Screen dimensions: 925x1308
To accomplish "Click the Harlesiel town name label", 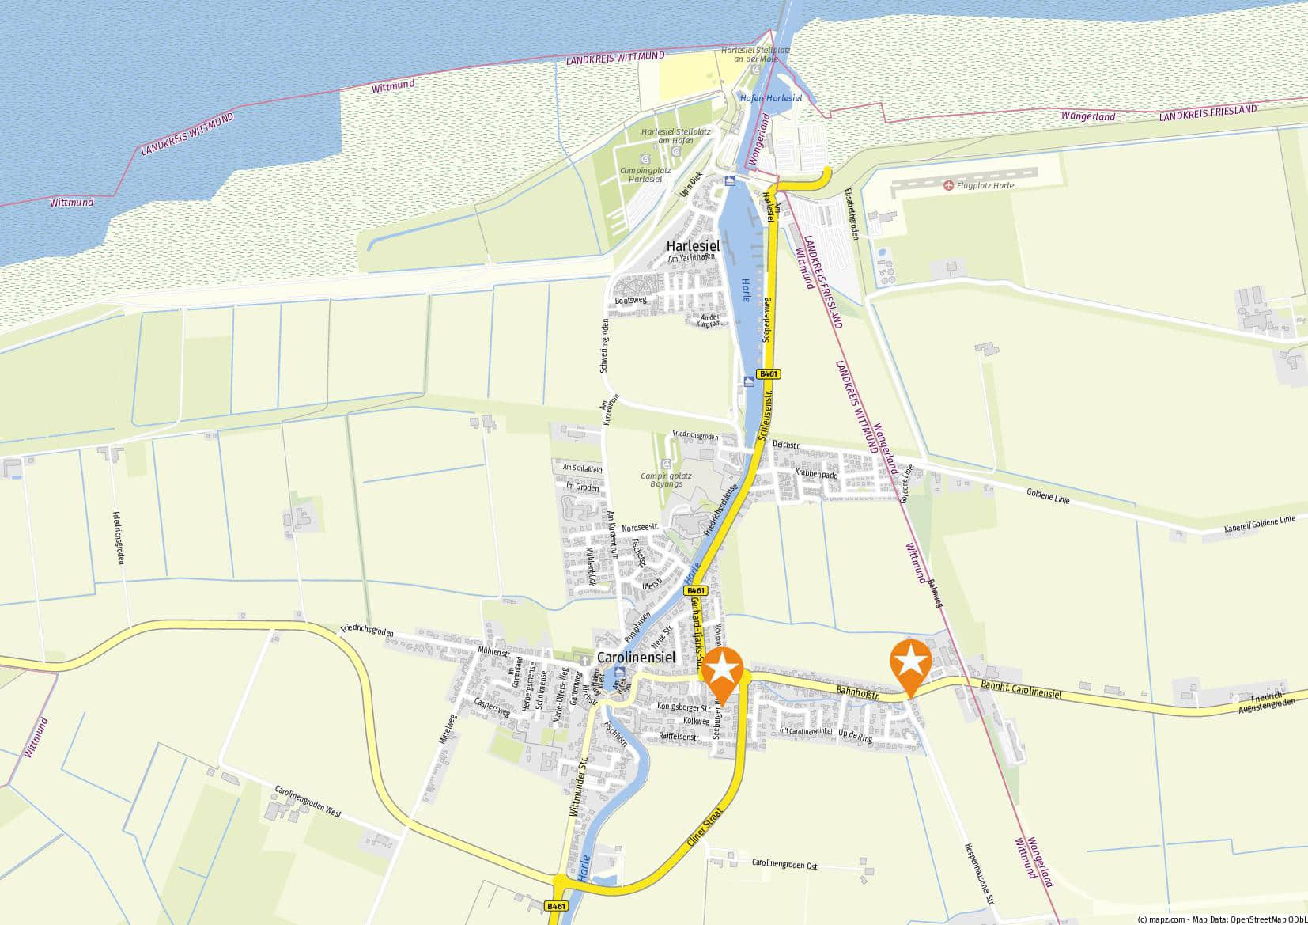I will pyautogui.click(x=693, y=245).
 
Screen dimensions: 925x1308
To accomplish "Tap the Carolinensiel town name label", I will pyautogui.click(x=636, y=658).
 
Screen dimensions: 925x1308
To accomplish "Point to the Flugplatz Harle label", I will pyautogui.click(x=985, y=185).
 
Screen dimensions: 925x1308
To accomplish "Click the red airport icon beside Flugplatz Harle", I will pyautogui.click(x=948, y=185).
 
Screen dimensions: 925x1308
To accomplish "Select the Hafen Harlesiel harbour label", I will pyautogui.click(x=771, y=98).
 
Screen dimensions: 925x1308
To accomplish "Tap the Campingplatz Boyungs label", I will pyautogui.click(x=666, y=480).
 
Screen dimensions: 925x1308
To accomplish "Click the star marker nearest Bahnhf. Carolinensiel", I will pyautogui.click(x=910, y=663).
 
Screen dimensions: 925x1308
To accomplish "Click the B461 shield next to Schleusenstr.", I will pyautogui.click(x=765, y=373).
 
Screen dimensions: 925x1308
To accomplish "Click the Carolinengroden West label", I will pyautogui.click(x=308, y=802).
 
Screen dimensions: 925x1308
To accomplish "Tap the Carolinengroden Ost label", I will pyautogui.click(x=784, y=864).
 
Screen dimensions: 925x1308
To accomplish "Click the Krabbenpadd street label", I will pyautogui.click(x=816, y=474).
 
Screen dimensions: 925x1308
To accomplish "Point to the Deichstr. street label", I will pyautogui.click(x=786, y=445).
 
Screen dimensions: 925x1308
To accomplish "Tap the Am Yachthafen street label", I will pyautogui.click(x=691, y=258).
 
